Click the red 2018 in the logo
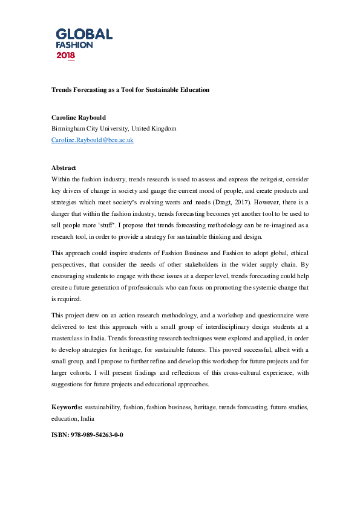coord(66,56)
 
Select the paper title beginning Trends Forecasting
coord(130,89)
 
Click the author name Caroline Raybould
coord(77,118)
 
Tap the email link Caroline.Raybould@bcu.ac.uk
coord(92,140)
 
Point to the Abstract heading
coord(64,167)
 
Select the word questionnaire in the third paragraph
coord(271,314)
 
